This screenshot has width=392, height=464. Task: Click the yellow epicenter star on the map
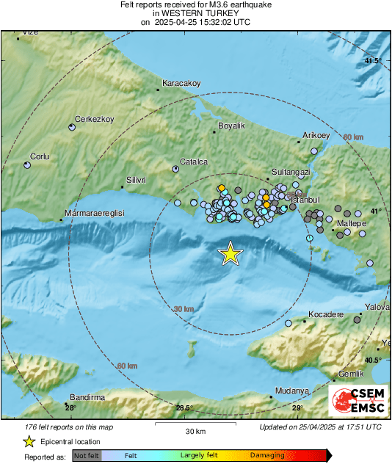click(x=231, y=253)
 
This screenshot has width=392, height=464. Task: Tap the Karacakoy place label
click(x=181, y=83)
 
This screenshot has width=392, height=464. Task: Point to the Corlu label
click(x=40, y=156)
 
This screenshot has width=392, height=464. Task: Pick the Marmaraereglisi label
click(x=95, y=212)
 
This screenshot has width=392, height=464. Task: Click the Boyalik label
click(x=232, y=126)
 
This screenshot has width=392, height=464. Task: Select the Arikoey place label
click(x=318, y=136)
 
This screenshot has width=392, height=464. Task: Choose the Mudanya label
click(x=288, y=390)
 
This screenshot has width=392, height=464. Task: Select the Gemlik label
click(x=351, y=374)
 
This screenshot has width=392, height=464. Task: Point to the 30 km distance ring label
click(x=184, y=309)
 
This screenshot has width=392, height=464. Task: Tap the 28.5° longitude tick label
click(x=184, y=408)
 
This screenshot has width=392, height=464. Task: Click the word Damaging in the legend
click(x=267, y=455)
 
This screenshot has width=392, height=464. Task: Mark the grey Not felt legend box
click(x=87, y=455)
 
